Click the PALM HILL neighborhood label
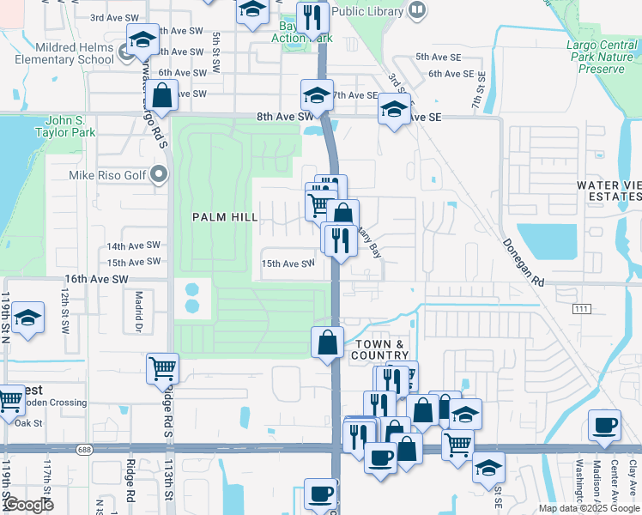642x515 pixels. pyautogui.click(x=226, y=217)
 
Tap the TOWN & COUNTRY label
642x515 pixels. pyautogui.click(x=380, y=349)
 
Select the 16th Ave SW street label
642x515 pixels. pyautogui.click(x=96, y=280)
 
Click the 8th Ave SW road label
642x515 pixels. pyautogui.click(x=285, y=117)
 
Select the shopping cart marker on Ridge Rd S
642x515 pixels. pyautogui.click(x=162, y=369)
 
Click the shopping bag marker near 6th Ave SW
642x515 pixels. pyautogui.click(x=161, y=96)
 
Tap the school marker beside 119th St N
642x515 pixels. pyautogui.click(x=28, y=318)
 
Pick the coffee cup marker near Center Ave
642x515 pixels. pyautogui.click(x=605, y=426)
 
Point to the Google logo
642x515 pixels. pyautogui.click(x=28, y=505)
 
